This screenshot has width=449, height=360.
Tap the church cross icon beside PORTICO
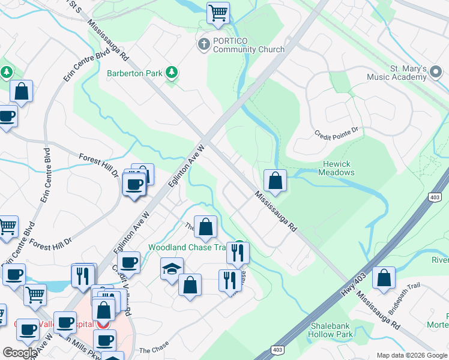[x=203, y=44]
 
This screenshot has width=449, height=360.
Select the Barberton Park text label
[x=135, y=73]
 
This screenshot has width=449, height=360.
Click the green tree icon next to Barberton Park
[x=172, y=73]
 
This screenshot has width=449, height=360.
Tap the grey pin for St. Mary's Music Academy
[x=436, y=73]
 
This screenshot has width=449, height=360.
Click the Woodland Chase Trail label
[x=189, y=248]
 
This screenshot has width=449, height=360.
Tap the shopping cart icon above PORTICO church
[x=218, y=12]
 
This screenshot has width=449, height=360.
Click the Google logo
[x=20, y=353]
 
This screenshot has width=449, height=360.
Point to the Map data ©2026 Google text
[x=411, y=355]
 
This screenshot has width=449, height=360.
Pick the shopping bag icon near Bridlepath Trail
[x=384, y=278]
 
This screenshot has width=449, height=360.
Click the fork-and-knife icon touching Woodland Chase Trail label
[x=238, y=253]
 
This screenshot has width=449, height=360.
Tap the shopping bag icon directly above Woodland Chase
[x=205, y=227]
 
